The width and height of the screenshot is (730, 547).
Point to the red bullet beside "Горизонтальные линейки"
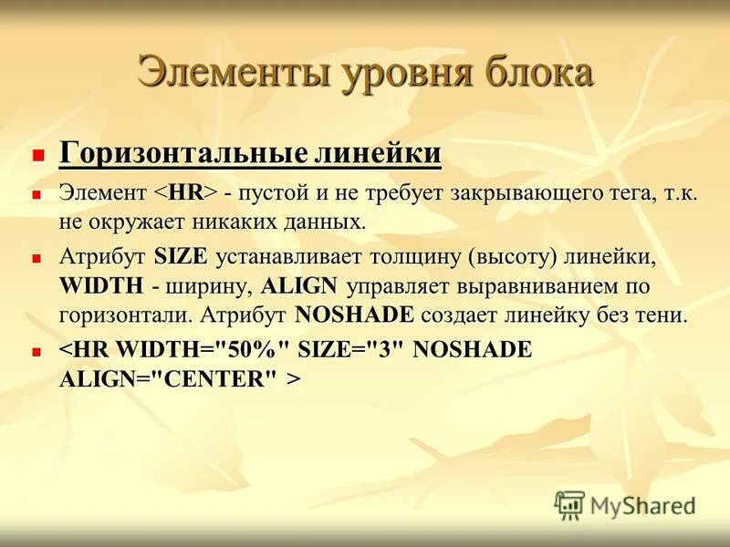pyautogui.click(x=37, y=155)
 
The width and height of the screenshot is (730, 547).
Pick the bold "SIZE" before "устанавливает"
pyautogui.click(x=182, y=258)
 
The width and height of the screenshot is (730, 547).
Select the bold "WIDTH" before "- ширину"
pyautogui.click(x=101, y=286)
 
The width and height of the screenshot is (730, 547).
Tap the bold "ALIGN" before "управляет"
pyautogui.click(x=299, y=286)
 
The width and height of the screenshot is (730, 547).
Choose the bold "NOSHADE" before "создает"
pyautogui.click(x=355, y=315)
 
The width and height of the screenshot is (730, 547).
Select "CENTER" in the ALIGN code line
pyautogui.click(x=216, y=379)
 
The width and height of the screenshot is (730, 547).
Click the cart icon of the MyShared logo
pyautogui.click(x=569, y=504)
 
